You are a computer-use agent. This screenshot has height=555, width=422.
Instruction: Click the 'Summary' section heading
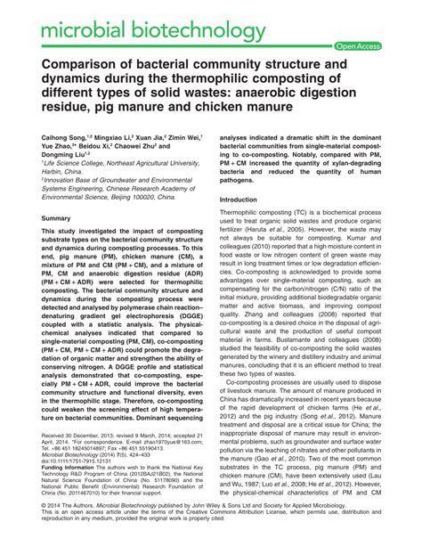click(55, 217)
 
